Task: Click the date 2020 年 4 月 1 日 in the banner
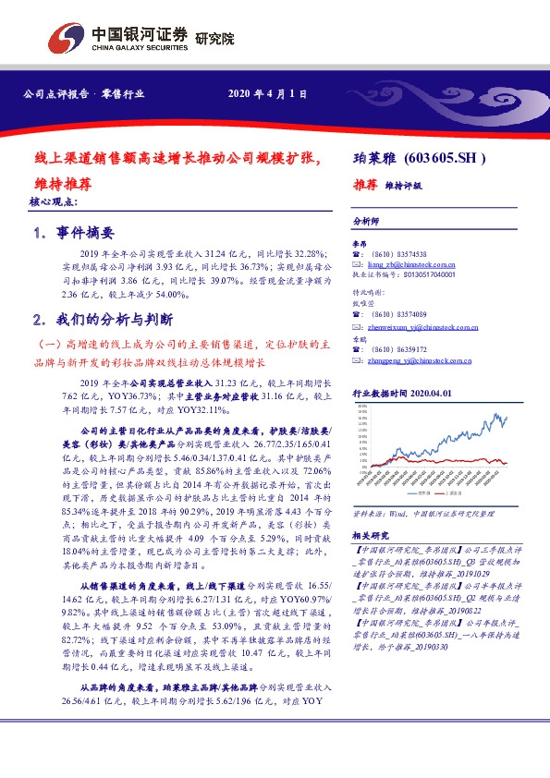266,94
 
